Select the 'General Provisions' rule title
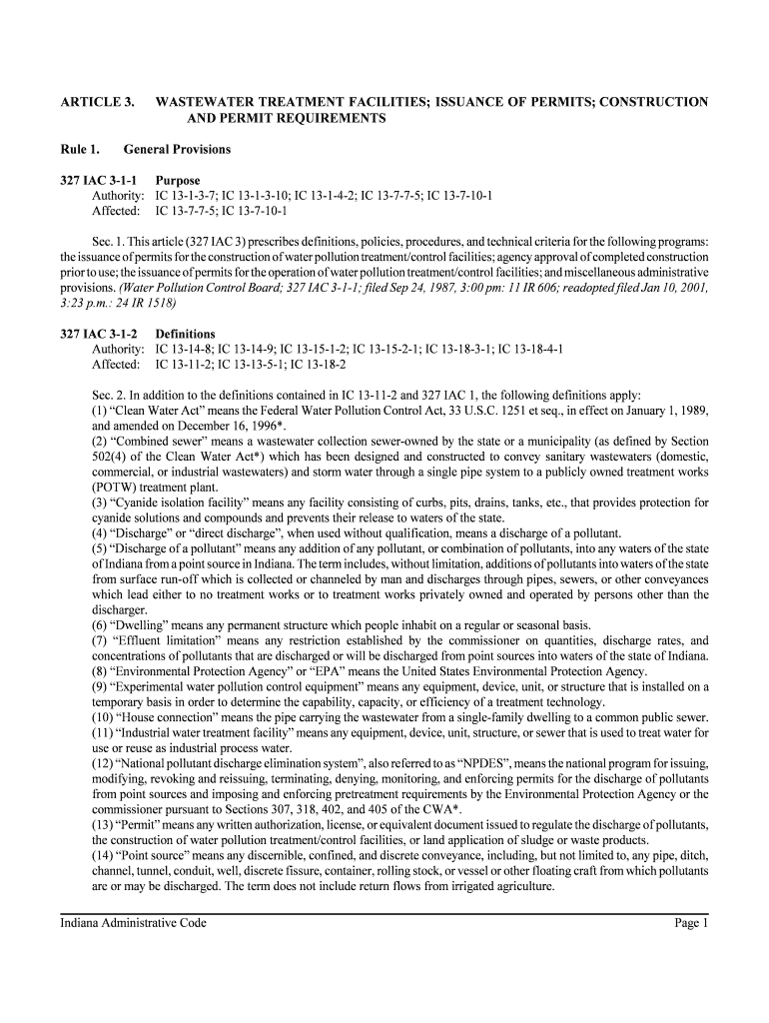(177, 150)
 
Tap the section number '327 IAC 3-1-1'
(100, 181)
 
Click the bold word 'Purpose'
(178, 181)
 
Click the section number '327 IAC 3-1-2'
(100, 334)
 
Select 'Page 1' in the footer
(690, 923)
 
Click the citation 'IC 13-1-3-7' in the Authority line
(185, 196)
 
